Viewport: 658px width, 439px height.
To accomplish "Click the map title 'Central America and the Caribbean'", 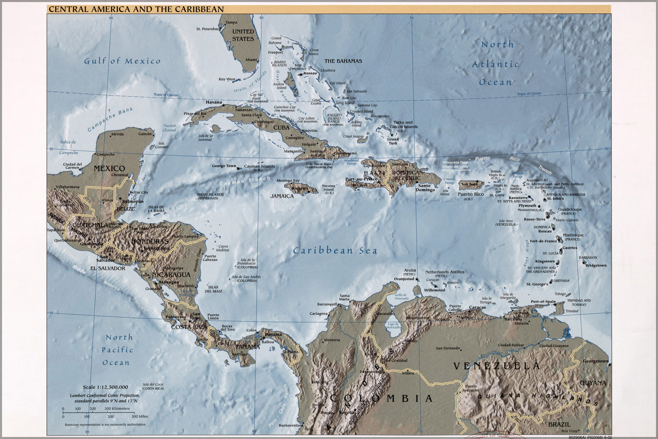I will [x=136, y=9].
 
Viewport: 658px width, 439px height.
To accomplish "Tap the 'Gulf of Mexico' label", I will [x=122, y=61].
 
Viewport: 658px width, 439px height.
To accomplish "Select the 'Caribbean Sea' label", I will [x=335, y=251].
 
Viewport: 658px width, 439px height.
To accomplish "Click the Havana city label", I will [x=214, y=102].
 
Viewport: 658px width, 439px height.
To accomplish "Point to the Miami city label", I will [x=251, y=60].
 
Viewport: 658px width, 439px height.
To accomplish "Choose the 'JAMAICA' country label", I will [x=282, y=196].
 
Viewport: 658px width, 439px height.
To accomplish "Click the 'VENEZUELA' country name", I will [x=496, y=366].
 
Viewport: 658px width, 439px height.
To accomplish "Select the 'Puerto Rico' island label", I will [x=471, y=194].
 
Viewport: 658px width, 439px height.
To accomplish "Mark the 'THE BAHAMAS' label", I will [x=343, y=61].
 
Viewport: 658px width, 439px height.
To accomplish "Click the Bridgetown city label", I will [x=596, y=265].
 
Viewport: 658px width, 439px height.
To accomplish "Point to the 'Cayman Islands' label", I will [x=259, y=166].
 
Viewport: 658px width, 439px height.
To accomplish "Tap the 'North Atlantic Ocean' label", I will [x=496, y=63].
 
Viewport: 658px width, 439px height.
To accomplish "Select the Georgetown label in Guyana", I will [x=595, y=361].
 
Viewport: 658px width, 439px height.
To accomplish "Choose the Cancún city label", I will [x=145, y=134].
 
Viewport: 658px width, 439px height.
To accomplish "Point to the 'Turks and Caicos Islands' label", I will [x=403, y=125].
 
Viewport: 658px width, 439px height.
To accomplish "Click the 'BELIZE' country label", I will [x=126, y=209].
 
